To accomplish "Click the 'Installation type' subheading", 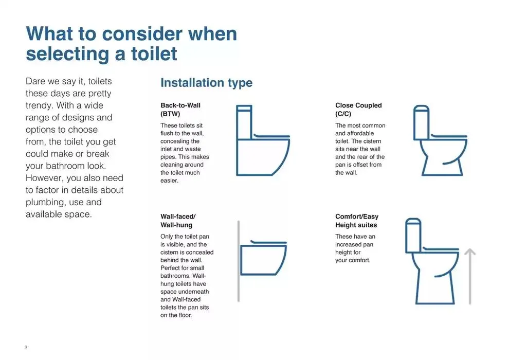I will click(206, 83).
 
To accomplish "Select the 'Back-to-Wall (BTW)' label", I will click(180, 110).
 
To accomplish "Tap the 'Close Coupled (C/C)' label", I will click(358, 110).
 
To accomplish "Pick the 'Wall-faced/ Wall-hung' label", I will click(178, 221).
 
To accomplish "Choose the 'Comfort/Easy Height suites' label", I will click(356, 221).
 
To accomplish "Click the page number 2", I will click(26, 348).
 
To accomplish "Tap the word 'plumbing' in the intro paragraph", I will click(45, 202).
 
